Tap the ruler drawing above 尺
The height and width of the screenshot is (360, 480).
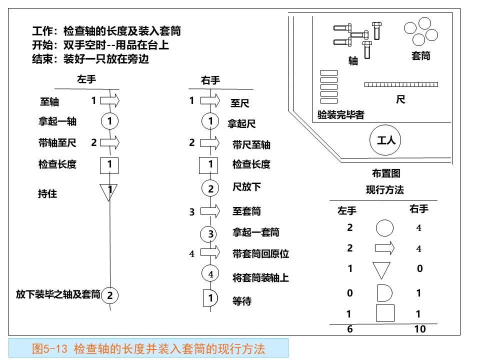[401, 84]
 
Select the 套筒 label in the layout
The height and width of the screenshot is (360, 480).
[421, 55]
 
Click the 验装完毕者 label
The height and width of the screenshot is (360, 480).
[340, 115]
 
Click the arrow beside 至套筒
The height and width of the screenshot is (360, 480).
[210, 211]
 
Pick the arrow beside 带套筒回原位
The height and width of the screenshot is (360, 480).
[210, 252]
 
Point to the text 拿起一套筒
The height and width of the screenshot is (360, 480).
[256, 232]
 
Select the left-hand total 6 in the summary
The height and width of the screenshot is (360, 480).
[350, 329]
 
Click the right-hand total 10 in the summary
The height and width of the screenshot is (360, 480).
[420, 329]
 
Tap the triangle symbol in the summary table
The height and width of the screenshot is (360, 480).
[381, 270]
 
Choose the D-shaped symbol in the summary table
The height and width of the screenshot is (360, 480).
[385, 293]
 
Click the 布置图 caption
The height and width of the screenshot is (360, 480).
[386, 173]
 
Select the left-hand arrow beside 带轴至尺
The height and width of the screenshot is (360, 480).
[110, 142]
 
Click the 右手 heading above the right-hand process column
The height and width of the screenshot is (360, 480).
[210, 80]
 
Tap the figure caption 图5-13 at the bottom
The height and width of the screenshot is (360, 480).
[148, 348]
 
